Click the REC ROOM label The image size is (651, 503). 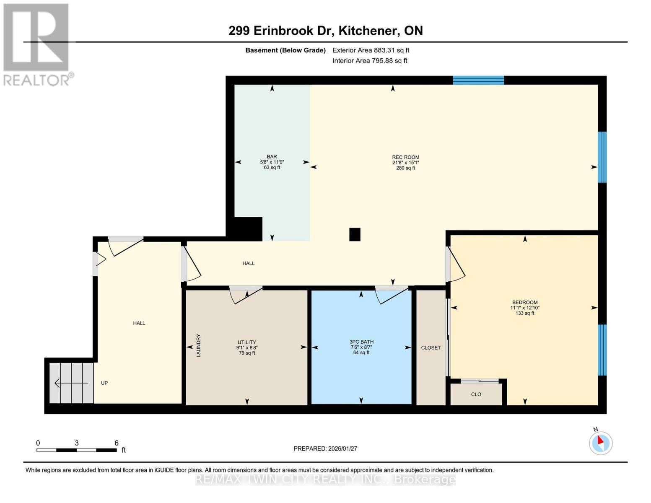point(406,157)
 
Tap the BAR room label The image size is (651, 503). point(272,157)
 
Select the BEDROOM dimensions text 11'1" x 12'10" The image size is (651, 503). point(525,308)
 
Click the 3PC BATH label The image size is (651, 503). point(361,342)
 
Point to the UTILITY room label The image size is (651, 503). point(247,342)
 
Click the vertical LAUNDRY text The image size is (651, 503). point(198,345)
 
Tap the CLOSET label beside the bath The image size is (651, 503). point(431,348)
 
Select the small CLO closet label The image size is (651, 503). point(476,394)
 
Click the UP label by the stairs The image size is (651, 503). point(104,383)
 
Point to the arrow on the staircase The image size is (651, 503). point(71,383)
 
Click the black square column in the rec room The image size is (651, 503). point(355,235)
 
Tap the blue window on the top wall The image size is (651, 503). point(478,80)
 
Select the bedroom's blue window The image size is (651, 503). point(602,350)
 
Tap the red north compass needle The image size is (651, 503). point(600,440)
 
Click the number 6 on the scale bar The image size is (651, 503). point(117,443)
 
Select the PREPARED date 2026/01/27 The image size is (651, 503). point(342,449)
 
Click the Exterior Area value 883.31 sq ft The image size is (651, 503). point(391,50)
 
